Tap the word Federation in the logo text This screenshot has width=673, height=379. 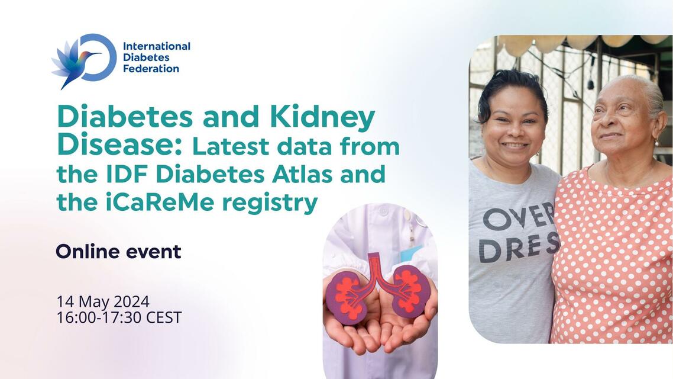click(x=150, y=69)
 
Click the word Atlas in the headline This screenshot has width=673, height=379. click(x=354, y=175)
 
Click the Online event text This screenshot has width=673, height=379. click(x=118, y=252)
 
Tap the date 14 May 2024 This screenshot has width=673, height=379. click(x=103, y=301)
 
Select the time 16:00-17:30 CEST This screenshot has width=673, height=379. click(x=119, y=317)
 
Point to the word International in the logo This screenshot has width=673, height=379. click(x=156, y=46)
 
